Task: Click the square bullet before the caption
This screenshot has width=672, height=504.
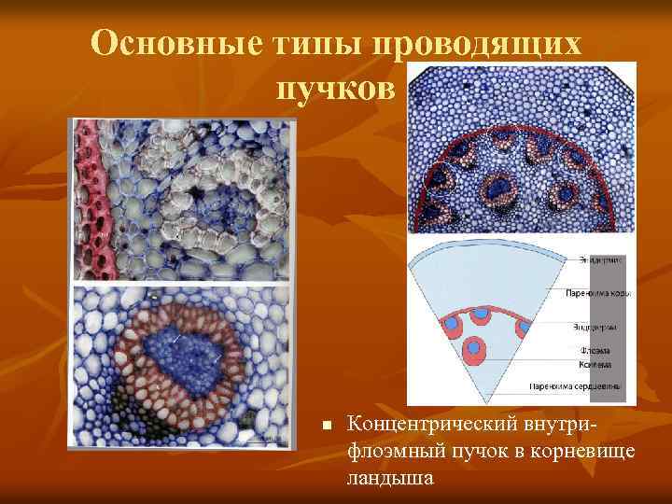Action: click(x=328, y=426)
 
